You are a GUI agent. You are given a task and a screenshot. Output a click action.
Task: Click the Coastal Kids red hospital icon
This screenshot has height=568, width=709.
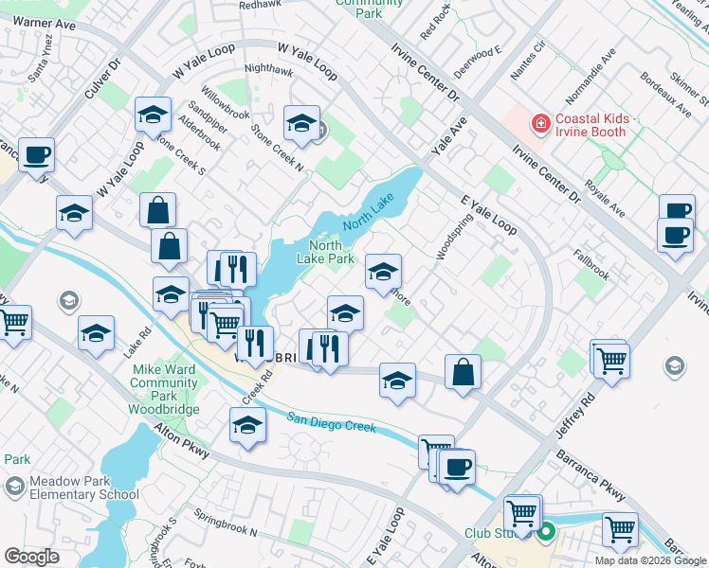coord(540,123)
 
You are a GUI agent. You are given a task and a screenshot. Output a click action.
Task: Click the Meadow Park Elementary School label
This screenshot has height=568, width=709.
coord(83,488)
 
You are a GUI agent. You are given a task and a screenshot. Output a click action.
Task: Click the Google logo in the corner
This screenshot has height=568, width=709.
coord(31,557)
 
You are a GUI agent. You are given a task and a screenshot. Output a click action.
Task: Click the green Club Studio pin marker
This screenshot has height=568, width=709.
coord(547,534)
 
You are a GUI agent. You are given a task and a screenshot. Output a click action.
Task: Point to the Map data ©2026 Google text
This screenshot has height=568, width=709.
coord(651,560)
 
